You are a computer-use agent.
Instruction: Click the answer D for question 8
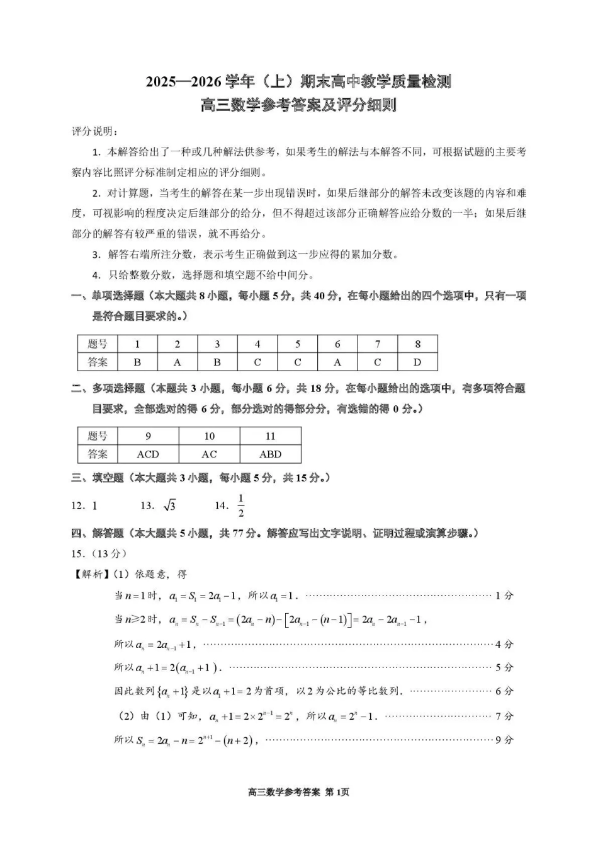[417, 362]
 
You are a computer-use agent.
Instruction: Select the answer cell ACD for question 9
[148, 454]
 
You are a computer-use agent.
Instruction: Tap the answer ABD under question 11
[270, 454]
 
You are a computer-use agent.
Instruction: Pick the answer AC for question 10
[209, 454]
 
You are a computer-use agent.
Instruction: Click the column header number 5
[298, 344]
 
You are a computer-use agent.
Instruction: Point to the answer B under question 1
[137, 362]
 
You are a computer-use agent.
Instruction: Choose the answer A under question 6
[337, 362]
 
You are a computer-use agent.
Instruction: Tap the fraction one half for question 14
[240, 505]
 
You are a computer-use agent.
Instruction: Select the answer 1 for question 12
[94, 505]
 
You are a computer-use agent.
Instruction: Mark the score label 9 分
[504, 740]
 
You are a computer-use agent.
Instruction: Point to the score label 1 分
[504, 596]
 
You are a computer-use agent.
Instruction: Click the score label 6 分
[504, 691]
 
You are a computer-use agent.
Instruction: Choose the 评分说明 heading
[94, 131]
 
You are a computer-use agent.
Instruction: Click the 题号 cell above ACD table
[98, 436]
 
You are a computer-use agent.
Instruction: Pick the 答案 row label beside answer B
[98, 362]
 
